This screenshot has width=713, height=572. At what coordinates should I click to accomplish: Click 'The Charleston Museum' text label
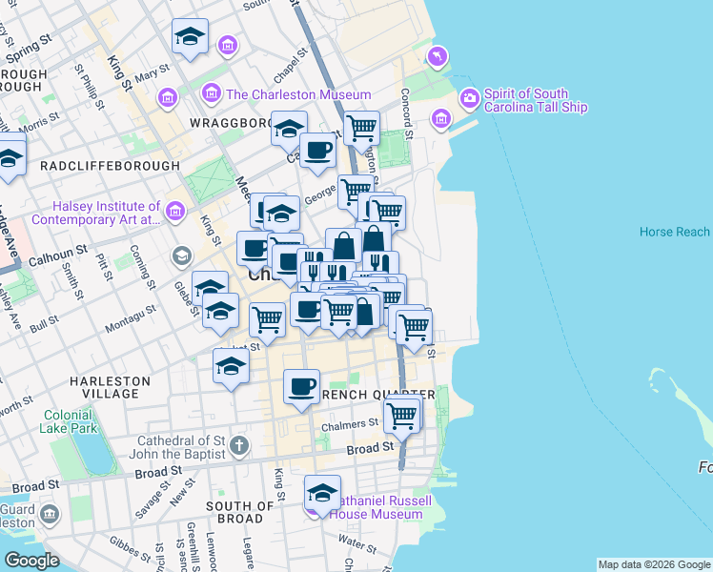click(297, 94)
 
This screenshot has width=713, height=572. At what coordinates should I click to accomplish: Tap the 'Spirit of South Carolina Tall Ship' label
click(539, 100)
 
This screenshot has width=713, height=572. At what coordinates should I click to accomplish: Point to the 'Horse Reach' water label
click(674, 232)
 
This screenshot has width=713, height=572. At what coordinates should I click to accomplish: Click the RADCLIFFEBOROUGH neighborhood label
click(110, 165)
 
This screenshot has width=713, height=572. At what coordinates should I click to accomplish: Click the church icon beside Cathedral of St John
click(239, 445)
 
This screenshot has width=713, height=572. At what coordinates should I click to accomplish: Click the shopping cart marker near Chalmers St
click(402, 415)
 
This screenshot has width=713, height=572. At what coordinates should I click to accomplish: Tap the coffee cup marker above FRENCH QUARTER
click(302, 386)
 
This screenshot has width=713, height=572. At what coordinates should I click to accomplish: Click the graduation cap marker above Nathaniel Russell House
click(322, 493)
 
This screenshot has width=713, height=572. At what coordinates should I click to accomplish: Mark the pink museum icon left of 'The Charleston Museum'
click(212, 94)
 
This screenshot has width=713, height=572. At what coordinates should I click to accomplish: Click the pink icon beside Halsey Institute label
click(174, 211)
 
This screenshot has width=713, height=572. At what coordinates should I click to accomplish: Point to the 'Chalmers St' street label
click(350, 423)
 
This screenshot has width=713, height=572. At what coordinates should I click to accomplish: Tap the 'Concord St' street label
click(405, 112)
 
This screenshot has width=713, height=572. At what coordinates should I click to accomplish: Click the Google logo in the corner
click(31, 561)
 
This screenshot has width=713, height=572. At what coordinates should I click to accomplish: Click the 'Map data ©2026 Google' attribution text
click(653, 564)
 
